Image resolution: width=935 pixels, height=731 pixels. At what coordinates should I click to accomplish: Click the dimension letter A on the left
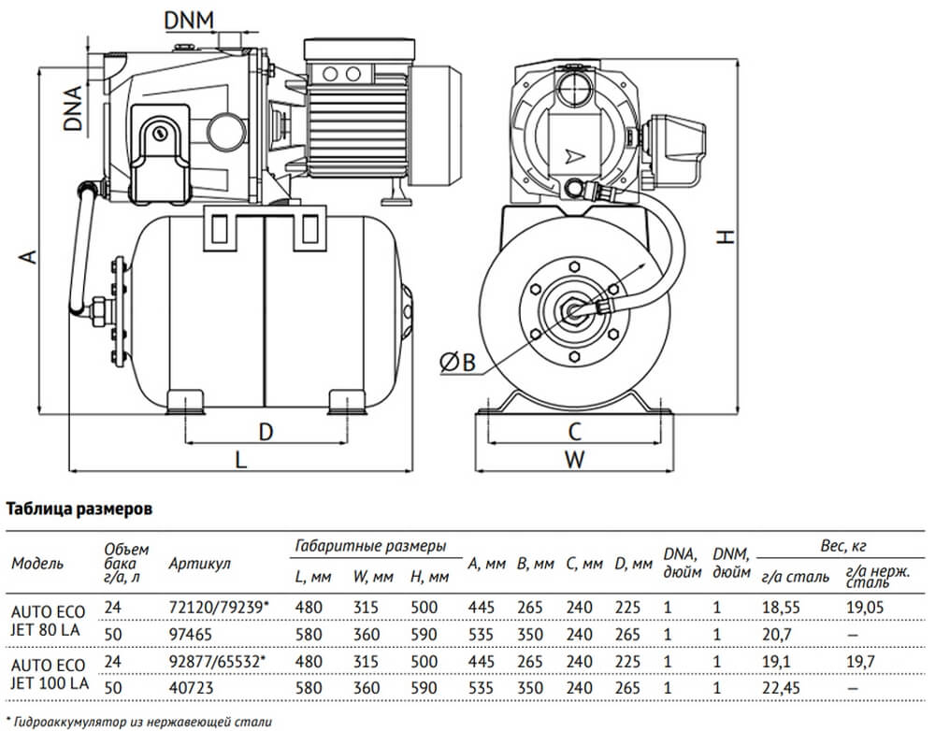pos(28,256)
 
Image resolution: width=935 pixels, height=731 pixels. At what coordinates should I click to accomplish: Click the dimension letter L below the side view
pos(240,459)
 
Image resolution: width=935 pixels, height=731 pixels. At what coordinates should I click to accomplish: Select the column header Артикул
pos(199,564)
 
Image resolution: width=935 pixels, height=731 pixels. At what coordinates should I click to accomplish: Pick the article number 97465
pos(190,633)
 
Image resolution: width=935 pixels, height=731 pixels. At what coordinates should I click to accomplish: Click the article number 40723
pos(190,687)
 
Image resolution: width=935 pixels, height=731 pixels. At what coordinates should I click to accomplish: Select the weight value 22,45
pos(780,687)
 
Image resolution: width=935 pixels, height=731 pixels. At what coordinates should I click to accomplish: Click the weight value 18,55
pos(780,607)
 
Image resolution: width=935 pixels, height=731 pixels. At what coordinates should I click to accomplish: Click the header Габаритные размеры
pos(369,545)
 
